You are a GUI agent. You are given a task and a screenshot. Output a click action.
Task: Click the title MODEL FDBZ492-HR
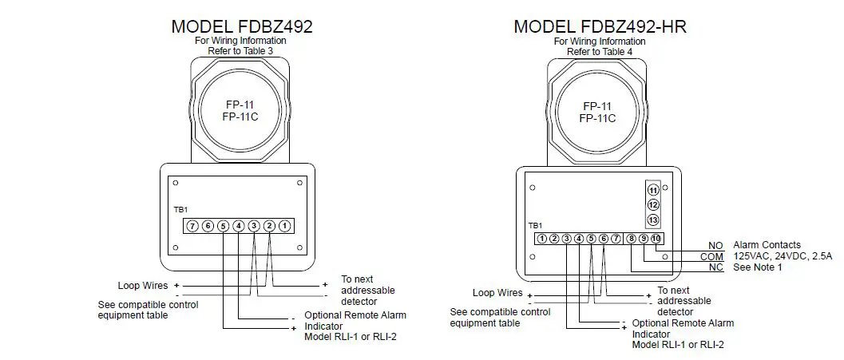click(600, 26)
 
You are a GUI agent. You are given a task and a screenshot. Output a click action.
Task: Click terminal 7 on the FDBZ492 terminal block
click(192, 226)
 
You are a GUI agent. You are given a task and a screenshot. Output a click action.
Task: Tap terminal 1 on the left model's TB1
click(285, 226)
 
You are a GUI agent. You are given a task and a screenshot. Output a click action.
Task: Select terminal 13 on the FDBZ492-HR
click(653, 220)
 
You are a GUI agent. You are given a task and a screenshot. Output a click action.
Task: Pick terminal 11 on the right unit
click(653, 190)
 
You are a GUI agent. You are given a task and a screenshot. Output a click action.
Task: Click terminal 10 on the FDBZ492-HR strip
click(656, 238)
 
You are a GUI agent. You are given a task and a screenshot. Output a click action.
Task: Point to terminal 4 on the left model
click(239, 226)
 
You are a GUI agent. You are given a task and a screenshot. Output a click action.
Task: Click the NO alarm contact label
click(715, 245)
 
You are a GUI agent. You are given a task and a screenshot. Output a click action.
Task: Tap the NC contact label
click(715, 267)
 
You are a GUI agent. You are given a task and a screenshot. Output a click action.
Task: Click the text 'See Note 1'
click(758, 267)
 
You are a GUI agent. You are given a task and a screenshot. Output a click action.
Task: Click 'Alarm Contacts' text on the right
click(767, 245)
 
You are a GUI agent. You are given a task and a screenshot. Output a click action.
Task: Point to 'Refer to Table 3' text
click(242, 51)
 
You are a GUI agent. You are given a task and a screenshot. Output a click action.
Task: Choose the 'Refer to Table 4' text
click(600, 51)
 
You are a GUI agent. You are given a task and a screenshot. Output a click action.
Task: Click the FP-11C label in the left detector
click(241, 117)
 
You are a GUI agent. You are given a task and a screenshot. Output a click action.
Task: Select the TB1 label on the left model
click(180, 209)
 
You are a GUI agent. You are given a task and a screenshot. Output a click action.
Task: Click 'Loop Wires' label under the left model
click(140, 285)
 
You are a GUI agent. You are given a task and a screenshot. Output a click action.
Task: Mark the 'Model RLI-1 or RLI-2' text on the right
click(679, 344)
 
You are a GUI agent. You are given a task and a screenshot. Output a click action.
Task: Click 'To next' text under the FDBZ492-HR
click(673, 291)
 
